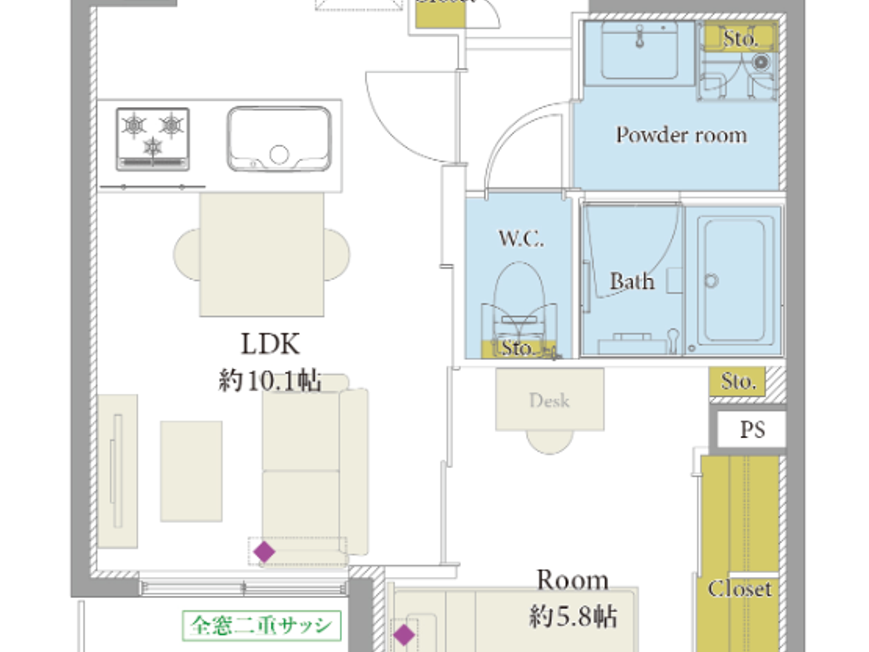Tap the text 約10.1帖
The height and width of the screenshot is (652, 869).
tap(270, 380)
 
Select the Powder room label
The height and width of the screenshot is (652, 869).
tap(681, 135)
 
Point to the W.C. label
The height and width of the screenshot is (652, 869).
tap(521, 238)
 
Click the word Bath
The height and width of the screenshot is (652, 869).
tap(631, 282)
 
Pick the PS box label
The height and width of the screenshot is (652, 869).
tap(752, 430)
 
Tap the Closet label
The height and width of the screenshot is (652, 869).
tap(740, 589)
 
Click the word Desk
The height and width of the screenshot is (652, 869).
tap(549, 401)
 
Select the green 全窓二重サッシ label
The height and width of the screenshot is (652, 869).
tap(261, 625)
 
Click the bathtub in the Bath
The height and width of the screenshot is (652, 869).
tap(734, 280)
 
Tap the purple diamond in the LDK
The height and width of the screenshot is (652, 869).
tap(264, 551)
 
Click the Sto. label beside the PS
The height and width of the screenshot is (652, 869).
tap(738, 381)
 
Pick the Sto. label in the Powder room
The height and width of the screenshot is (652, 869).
tap(740, 38)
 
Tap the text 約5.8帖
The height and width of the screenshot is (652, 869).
tap(572, 617)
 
